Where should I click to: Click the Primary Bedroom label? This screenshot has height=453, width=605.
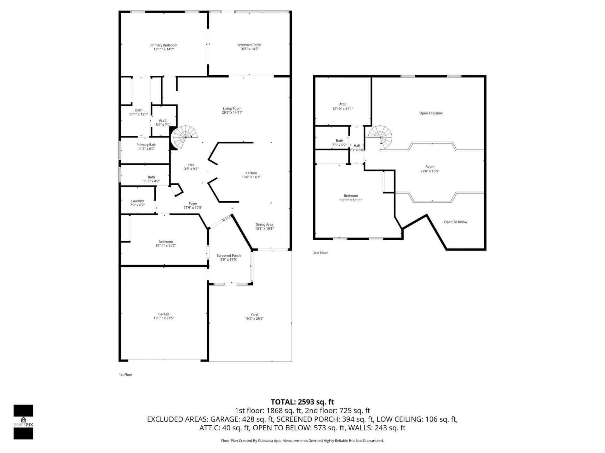[164, 45]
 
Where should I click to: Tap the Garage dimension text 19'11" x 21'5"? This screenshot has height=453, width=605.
[164, 318]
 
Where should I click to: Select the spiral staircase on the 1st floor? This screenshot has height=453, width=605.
[185, 137]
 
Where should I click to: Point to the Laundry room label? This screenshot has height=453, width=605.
[137, 201]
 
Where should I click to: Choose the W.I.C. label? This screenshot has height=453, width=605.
[163, 121]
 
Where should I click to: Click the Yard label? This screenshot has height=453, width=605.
[254, 315]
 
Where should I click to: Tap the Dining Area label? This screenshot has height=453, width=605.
[264, 225]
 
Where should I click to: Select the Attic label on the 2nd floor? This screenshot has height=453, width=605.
[343, 104]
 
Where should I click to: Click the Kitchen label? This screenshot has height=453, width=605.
[251, 173]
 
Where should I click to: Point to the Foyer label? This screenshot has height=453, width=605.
[193, 204]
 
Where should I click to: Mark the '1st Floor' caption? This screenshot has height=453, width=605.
[125, 375]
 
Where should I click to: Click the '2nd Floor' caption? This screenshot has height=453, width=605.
[320, 253]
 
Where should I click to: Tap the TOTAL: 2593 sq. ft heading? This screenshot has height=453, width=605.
[302, 402]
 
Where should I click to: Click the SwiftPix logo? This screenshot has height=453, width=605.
[23, 422]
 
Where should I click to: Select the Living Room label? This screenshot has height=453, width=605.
[232, 109]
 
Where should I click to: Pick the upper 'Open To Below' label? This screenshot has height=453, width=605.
[431, 113]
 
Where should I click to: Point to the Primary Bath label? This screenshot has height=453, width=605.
[146, 145]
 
